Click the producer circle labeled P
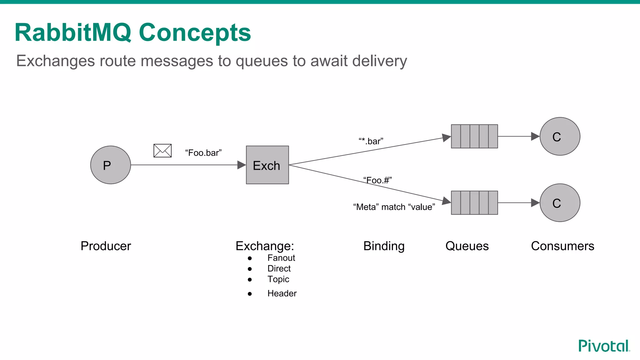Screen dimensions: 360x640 (x=110, y=165)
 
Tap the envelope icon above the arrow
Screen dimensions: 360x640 (x=162, y=151)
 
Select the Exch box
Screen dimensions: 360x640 (x=267, y=165)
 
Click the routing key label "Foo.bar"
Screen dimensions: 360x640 (x=203, y=153)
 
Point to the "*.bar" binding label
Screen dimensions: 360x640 (x=371, y=141)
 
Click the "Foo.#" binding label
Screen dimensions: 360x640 (x=377, y=180)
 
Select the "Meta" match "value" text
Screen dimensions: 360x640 (x=394, y=207)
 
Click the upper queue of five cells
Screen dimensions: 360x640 (x=474, y=136)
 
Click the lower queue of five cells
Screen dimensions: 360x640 (x=474, y=203)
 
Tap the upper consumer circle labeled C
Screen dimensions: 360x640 (x=560, y=136)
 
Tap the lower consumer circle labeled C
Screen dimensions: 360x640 (x=560, y=203)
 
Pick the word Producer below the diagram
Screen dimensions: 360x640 (x=106, y=246)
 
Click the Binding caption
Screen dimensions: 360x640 (x=384, y=246)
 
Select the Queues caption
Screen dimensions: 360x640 (x=467, y=246)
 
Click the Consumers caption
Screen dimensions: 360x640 (x=562, y=246)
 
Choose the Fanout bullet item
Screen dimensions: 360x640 (x=281, y=258)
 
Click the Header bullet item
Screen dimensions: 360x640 (x=282, y=293)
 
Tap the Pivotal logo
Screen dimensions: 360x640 (x=604, y=346)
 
